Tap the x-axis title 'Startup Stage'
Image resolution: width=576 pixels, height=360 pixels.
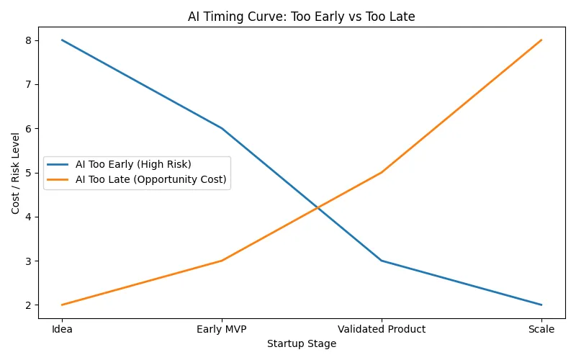[302, 344]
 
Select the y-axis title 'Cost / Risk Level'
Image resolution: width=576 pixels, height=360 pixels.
[16, 173]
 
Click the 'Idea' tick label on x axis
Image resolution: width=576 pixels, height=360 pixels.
[62, 329]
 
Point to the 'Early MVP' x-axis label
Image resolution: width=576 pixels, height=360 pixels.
[222, 329]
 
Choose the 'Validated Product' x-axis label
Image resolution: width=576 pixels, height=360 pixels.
[382, 329]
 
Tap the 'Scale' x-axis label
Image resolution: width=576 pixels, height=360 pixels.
[541, 329]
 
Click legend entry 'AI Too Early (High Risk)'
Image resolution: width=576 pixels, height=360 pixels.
[132, 164]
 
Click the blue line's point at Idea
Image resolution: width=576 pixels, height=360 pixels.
[62, 40]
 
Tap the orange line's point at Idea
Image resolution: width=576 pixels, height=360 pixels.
[62, 305]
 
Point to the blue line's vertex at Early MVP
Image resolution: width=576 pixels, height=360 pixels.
[222, 128]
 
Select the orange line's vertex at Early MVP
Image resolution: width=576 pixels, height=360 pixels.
[222, 261]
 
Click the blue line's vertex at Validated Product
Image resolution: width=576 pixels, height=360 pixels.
[382, 261]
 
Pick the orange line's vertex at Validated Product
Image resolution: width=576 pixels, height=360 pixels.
[382, 173]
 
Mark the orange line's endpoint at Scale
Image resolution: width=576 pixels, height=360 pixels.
[541, 40]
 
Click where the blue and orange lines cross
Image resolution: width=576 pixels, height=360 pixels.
[318, 208]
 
